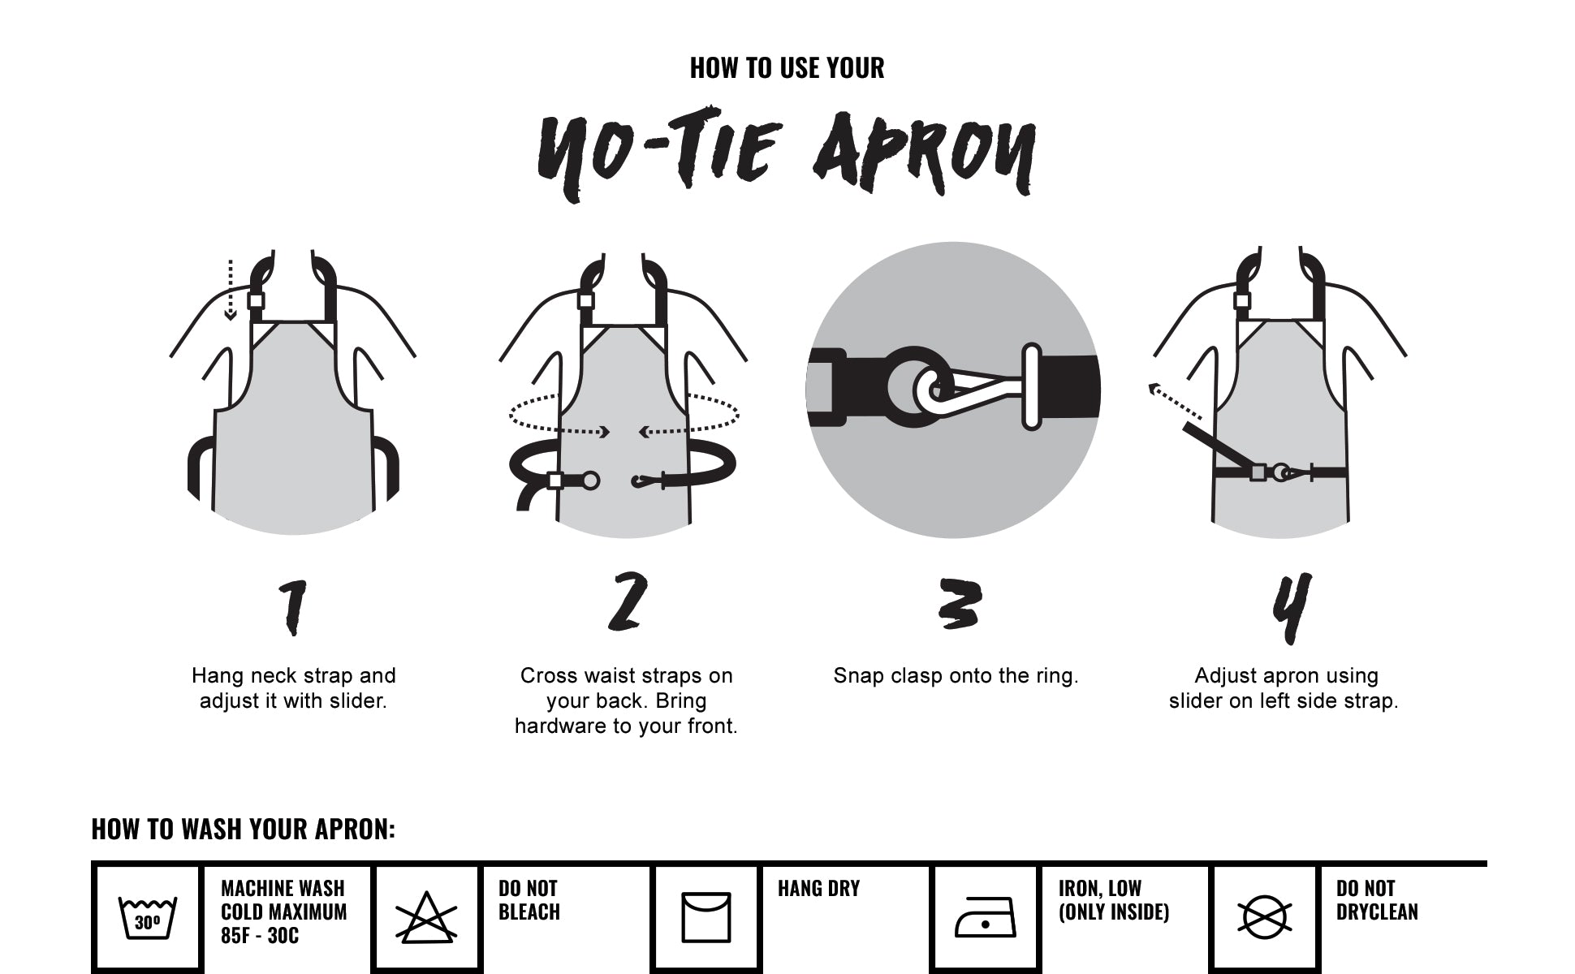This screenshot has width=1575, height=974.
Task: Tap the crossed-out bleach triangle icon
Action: pyautogui.click(x=426, y=918)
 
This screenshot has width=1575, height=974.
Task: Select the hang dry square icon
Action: pyautogui.click(x=706, y=918)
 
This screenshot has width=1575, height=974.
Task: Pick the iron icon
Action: pyautogui.click(x=985, y=918)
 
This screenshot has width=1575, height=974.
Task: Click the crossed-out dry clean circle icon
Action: pyautogui.click(x=1264, y=918)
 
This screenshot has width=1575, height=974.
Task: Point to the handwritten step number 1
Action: pyautogui.click(x=293, y=607)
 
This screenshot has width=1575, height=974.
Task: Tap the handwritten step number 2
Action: pyautogui.click(x=628, y=601)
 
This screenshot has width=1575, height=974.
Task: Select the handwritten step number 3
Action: pyautogui.click(x=959, y=604)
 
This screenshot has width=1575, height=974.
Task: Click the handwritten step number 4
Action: pyautogui.click(x=1291, y=608)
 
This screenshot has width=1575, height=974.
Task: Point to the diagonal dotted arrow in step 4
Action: pyautogui.click(x=1175, y=403)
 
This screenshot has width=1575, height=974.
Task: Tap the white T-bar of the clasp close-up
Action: pyautogui.click(x=1031, y=387)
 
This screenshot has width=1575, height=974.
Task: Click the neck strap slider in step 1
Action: pyautogui.click(x=256, y=301)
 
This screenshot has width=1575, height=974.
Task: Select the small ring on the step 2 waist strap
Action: pyautogui.click(x=591, y=481)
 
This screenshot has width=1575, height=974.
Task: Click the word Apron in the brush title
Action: pyautogui.click(x=925, y=153)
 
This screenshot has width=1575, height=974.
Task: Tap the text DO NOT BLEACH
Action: pyautogui.click(x=529, y=900)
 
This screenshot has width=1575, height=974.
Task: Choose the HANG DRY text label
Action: pyautogui.click(x=818, y=889)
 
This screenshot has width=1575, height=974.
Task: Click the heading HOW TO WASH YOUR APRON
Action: pyautogui.click(x=244, y=829)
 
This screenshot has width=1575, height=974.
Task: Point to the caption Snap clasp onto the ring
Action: pyautogui.click(x=956, y=676)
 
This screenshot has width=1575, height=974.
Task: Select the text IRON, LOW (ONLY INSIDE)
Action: pyautogui.click(x=1114, y=900)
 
